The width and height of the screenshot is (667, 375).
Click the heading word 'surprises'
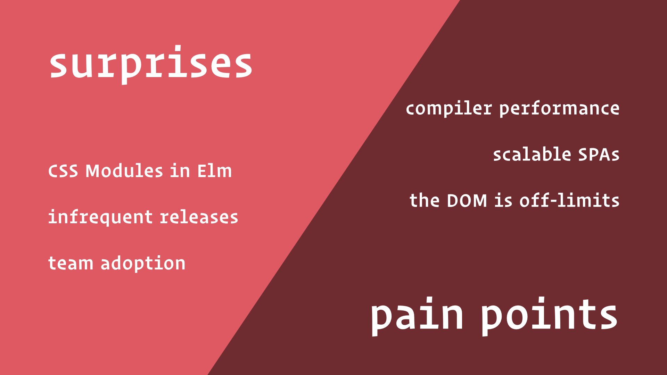[151, 65]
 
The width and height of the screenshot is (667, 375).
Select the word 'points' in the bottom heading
[549, 316]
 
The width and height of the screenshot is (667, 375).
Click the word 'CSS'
[63, 171]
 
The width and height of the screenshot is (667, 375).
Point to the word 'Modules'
[124, 171]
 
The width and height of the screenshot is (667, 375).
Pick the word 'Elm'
[214, 171]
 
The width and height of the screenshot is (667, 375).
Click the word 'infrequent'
[100, 217]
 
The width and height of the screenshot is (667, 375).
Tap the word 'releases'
[199, 217]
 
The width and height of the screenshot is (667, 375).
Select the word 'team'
[71, 263]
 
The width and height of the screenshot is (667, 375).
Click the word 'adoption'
[143, 264]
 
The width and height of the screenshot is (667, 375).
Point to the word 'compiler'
[449, 109]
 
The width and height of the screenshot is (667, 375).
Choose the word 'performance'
[559, 109]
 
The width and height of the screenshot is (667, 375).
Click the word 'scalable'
[532, 155]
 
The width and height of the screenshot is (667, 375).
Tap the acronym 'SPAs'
[599, 155]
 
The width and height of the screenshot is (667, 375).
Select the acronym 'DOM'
[467, 201]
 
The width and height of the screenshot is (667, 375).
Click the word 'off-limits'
[569, 200]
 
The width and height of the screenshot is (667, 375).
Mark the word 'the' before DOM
[425, 200]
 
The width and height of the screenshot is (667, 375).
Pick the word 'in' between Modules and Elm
[180, 171]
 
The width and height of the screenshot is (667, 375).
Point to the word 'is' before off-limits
[503, 200]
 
